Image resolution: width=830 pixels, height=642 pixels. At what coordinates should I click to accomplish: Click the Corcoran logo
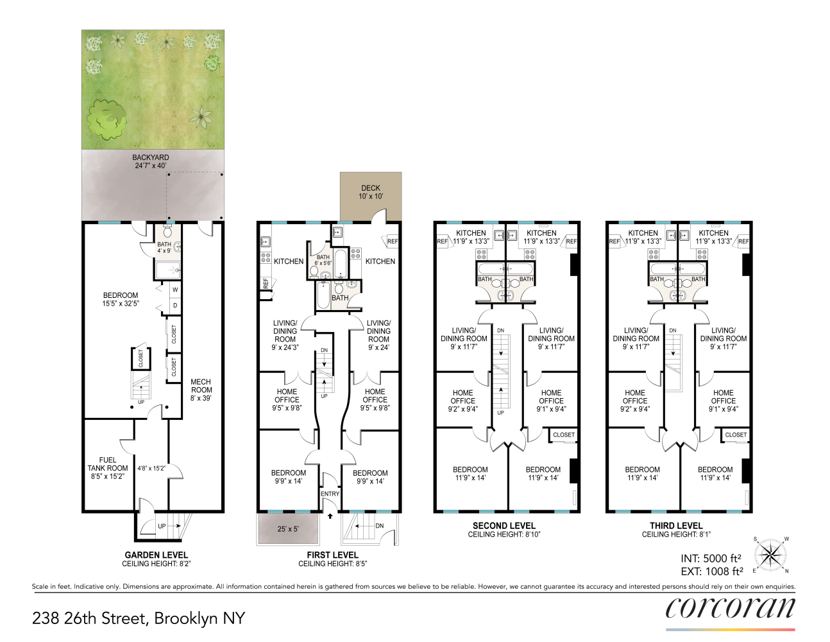[730, 609]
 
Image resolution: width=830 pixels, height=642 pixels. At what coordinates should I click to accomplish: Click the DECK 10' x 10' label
[371, 192]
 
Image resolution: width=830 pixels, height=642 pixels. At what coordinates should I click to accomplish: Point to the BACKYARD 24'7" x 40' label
[151, 161]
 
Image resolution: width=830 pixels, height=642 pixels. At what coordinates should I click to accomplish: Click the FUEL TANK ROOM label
[108, 468]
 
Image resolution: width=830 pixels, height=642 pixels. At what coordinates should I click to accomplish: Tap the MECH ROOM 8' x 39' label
[201, 390]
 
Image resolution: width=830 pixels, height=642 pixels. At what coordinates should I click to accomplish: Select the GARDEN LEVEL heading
[157, 555]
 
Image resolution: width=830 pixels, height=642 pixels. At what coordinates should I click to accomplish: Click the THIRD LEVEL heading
[676, 525]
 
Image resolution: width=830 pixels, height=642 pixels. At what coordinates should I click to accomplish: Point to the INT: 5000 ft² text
[711, 558]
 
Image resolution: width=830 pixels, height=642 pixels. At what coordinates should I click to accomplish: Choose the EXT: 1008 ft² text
[712, 571]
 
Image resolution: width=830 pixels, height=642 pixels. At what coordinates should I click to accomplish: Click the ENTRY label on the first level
[330, 494]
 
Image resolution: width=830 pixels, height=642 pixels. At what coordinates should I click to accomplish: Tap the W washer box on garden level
[175, 290]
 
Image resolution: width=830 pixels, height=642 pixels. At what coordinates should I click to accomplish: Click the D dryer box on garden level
[175, 306]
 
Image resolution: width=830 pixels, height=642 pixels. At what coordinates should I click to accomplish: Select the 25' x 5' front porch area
[288, 529]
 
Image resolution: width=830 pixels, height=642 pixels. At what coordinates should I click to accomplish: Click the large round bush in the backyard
[106, 119]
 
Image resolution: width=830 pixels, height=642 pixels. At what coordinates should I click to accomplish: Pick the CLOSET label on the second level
[564, 435]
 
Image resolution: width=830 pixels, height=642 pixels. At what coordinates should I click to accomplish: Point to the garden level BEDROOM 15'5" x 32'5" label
[121, 299]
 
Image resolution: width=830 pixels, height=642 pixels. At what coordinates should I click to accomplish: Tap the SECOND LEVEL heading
[504, 525]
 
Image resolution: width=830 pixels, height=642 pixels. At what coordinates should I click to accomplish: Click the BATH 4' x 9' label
[164, 247]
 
